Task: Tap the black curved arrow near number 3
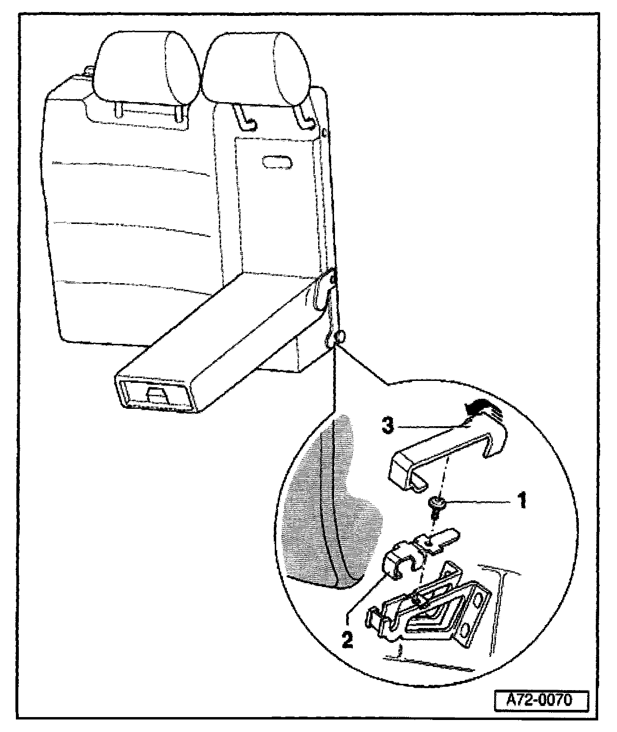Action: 480,408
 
